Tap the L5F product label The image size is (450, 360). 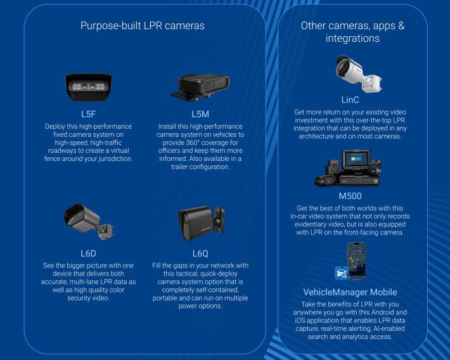pos(89,114)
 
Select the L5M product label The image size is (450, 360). pos(200,114)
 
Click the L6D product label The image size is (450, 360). pos(89,253)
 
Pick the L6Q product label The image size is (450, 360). pos(200,253)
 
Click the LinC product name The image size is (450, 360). pos(350,100)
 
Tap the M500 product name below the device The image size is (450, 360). pos(350,196)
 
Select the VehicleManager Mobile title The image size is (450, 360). pos(350,292)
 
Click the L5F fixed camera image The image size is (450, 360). pos(89,87)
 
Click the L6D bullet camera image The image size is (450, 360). pos(89,222)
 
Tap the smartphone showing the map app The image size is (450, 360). pos(356,262)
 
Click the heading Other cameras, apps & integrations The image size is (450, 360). pos(352,32)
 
